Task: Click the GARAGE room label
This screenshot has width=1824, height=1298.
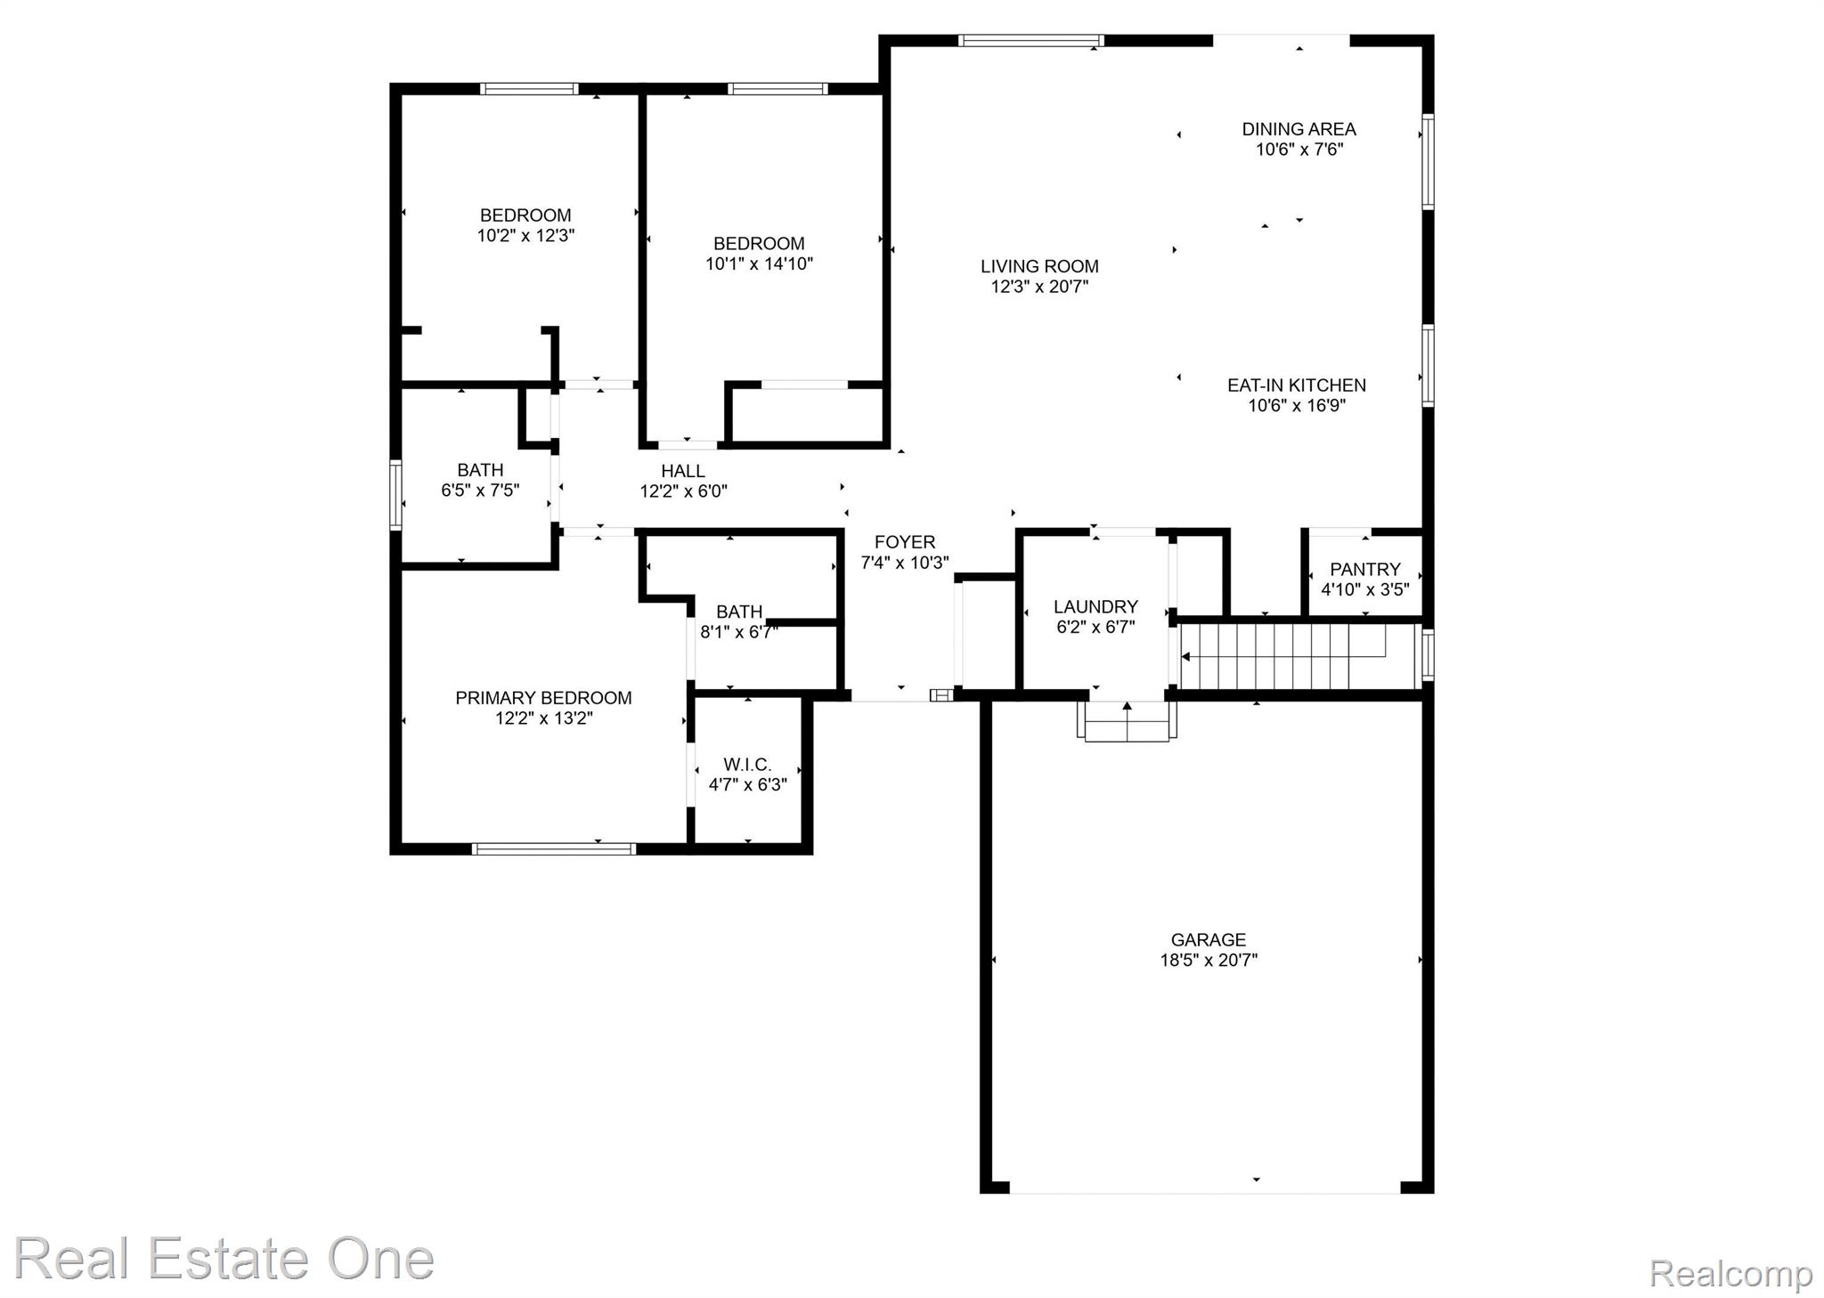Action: tap(1208, 939)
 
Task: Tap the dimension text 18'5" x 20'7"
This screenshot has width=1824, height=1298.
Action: tap(1208, 961)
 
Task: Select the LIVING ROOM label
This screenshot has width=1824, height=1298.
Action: tap(1039, 266)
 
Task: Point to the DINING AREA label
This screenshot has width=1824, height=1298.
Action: tap(1299, 129)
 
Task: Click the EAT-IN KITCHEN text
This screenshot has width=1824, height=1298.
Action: tap(1296, 385)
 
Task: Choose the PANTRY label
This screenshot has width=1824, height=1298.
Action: tap(1364, 569)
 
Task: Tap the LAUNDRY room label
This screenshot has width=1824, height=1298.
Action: tap(1095, 607)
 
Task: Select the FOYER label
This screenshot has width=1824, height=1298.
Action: tap(904, 542)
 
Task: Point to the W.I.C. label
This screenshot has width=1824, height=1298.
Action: tap(747, 765)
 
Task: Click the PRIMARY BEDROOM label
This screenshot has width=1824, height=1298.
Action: tap(543, 698)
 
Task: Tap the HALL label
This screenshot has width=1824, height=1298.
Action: tap(683, 471)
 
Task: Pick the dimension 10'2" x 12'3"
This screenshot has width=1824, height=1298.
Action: tap(525, 236)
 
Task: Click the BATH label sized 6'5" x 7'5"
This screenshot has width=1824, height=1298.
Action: tap(480, 470)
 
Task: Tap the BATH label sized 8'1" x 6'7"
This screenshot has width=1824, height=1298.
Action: tap(739, 612)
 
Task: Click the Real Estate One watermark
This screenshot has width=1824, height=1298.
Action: tap(224, 1259)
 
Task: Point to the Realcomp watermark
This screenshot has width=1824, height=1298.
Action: tap(1730, 1273)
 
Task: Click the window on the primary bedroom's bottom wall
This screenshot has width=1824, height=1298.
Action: tap(553, 849)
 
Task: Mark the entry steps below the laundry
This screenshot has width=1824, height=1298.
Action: tap(1127, 722)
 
